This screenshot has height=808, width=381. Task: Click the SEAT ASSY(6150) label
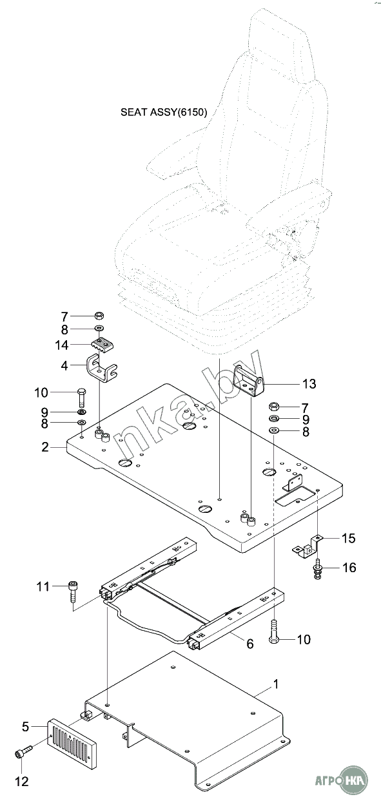tap(164, 112)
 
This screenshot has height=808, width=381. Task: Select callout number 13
tap(309, 384)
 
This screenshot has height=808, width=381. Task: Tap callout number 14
tap(62, 345)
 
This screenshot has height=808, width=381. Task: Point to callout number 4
tap(64, 366)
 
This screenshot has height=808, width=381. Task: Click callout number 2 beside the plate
tap(44, 447)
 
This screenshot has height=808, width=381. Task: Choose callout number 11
tap(43, 586)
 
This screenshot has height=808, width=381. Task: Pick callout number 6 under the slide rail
tap(250, 643)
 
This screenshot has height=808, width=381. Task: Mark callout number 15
tap(349, 538)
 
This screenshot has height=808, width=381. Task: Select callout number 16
tap(349, 568)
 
